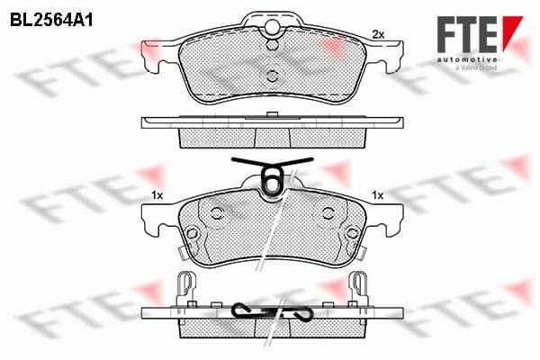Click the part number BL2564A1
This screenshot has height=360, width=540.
[51, 21]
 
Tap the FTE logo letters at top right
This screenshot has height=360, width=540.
[467, 34]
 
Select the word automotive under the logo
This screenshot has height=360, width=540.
[467, 60]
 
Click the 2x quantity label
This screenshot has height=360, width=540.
[378, 34]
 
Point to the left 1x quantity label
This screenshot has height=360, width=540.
[157, 195]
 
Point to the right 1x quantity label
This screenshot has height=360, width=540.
[377, 195]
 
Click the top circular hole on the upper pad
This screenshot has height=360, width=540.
[272, 26]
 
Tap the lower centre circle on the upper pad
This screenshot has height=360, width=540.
[273, 76]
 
